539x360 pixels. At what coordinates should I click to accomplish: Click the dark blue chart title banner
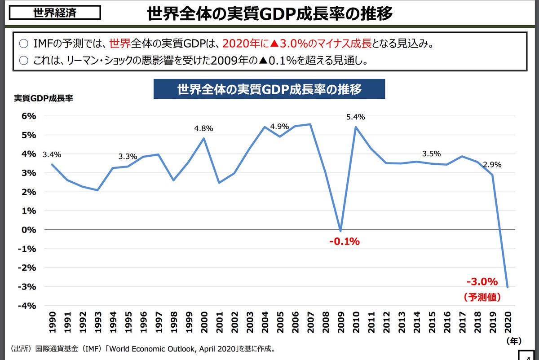269,89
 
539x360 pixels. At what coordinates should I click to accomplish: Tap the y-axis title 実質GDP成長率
43,98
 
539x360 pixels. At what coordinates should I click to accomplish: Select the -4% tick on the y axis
27,306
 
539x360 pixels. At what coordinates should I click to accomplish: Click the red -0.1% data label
345,241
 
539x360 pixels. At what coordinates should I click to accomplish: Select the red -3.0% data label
482,282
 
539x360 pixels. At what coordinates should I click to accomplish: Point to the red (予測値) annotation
482,297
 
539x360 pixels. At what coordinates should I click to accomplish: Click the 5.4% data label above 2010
355,117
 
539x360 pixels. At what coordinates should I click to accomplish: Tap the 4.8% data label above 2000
203,128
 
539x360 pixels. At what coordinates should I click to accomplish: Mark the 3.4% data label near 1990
52,155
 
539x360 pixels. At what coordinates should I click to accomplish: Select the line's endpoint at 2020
508,287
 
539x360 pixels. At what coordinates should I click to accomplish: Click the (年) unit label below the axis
513,341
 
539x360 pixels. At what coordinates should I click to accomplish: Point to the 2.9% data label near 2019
492,165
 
